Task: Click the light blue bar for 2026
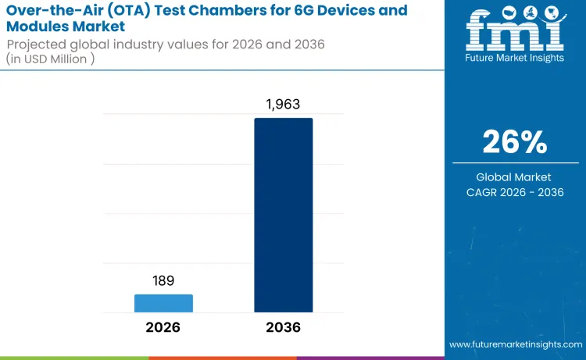click(163, 303)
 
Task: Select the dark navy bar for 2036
click(283, 216)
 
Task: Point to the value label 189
click(163, 281)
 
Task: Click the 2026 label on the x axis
click(163, 327)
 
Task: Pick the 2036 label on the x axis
click(283, 327)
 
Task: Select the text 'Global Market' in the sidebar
click(514, 177)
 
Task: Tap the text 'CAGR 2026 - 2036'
click(514, 193)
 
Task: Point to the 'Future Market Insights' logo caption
click(514, 58)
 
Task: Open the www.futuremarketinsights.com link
click(514, 344)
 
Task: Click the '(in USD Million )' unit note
click(51, 59)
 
